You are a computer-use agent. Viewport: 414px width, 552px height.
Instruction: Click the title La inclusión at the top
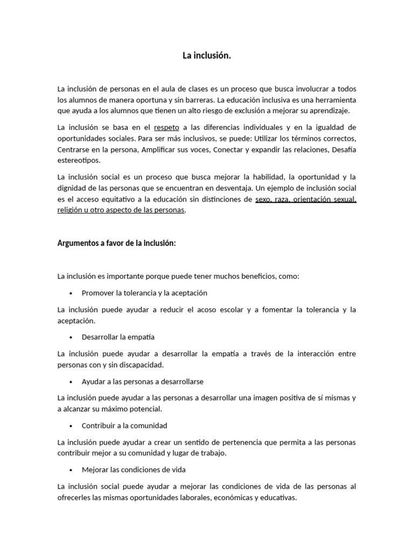(x=206, y=56)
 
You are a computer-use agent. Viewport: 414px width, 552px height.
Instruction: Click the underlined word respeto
(x=167, y=127)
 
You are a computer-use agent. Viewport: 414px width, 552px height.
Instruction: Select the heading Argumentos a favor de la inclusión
(x=116, y=243)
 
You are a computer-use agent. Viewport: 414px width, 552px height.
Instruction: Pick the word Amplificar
(x=159, y=149)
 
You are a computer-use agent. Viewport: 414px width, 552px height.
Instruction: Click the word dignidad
(x=73, y=188)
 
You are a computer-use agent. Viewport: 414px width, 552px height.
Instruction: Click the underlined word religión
(x=71, y=210)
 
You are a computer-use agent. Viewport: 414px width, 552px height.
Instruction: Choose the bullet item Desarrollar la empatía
(x=118, y=337)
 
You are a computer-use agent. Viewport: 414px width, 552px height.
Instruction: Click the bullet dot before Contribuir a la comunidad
(x=71, y=425)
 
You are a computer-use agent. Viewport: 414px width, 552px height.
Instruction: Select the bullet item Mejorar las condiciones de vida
(x=134, y=470)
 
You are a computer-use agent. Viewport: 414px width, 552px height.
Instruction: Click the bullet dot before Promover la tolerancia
(x=71, y=293)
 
